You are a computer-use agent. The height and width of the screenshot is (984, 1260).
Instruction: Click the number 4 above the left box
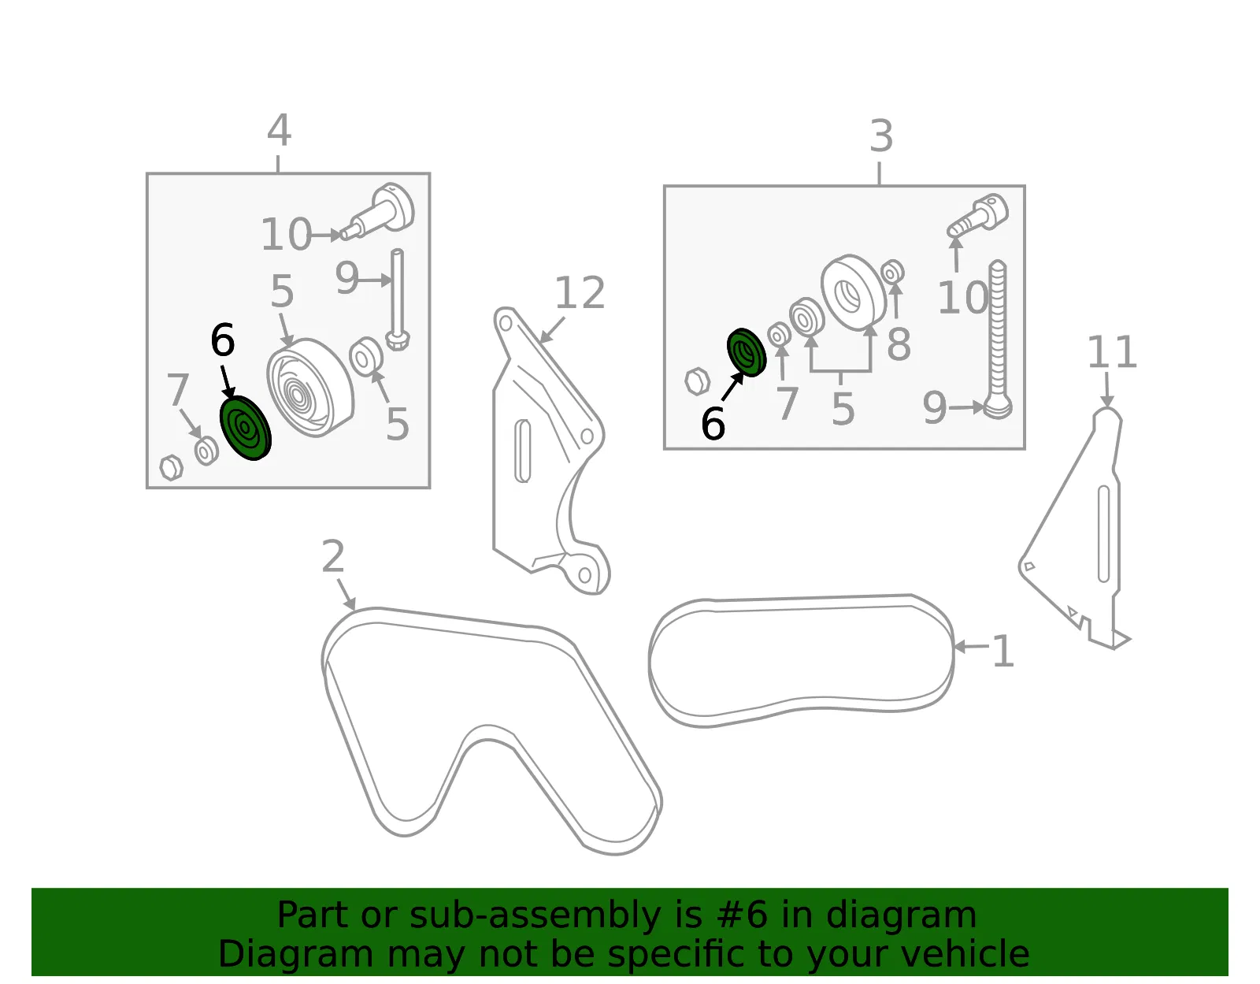pos(279,130)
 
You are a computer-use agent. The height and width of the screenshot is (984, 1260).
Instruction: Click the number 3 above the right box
pos(881,136)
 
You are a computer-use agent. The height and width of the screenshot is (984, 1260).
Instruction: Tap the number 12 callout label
pos(580,293)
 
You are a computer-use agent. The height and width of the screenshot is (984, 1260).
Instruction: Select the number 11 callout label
pos(1112,352)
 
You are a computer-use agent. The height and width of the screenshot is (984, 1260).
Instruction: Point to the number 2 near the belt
pos(333,556)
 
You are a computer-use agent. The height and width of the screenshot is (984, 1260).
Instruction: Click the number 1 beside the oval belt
pos(1004,652)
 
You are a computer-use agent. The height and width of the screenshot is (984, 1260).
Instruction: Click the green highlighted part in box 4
pos(246,429)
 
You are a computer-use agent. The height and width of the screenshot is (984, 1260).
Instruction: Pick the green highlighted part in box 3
pos(747,352)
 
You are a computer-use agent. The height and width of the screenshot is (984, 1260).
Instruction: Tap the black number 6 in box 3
pos(713,423)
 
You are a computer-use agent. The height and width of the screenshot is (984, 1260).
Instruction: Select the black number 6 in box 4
pos(223,340)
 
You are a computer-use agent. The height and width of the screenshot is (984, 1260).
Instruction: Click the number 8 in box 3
pos(899,344)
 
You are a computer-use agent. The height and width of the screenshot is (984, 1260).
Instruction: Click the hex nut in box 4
pos(171,467)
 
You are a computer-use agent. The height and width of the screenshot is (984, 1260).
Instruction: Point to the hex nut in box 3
pos(697,381)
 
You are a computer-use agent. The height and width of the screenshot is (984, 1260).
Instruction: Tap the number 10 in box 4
pos(287,234)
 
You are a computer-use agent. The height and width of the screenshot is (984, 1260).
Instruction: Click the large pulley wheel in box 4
pos(310,388)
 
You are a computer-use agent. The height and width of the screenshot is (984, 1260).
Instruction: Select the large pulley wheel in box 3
pos(854,292)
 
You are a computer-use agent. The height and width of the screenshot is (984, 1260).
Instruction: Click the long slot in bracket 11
pos(1103,533)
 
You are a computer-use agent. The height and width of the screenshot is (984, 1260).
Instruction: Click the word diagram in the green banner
pos(901,915)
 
